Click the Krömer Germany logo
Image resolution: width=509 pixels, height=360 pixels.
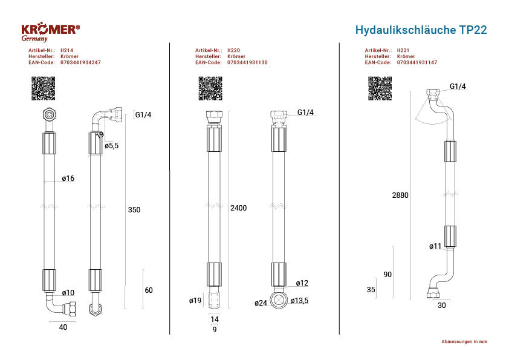pyautogui.click(x=50, y=32)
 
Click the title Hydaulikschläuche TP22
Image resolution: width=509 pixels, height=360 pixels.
pyautogui.click(x=421, y=30)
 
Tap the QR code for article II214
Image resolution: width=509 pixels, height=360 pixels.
pyautogui.click(x=43, y=88)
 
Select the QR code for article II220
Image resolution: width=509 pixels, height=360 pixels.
pyautogui.click(x=210, y=88)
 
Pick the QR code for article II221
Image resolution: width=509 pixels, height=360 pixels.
pyautogui.click(x=380, y=88)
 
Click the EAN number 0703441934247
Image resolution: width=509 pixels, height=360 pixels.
pyautogui.click(x=80, y=62)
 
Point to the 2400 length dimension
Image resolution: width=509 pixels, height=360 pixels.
pyautogui.click(x=239, y=208)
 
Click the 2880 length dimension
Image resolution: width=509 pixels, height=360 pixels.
pyautogui.click(x=400, y=195)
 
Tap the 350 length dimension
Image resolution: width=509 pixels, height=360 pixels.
pyautogui.click(x=134, y=210)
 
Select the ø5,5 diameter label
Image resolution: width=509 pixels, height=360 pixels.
pyautogui.click(x=112, y=146)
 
